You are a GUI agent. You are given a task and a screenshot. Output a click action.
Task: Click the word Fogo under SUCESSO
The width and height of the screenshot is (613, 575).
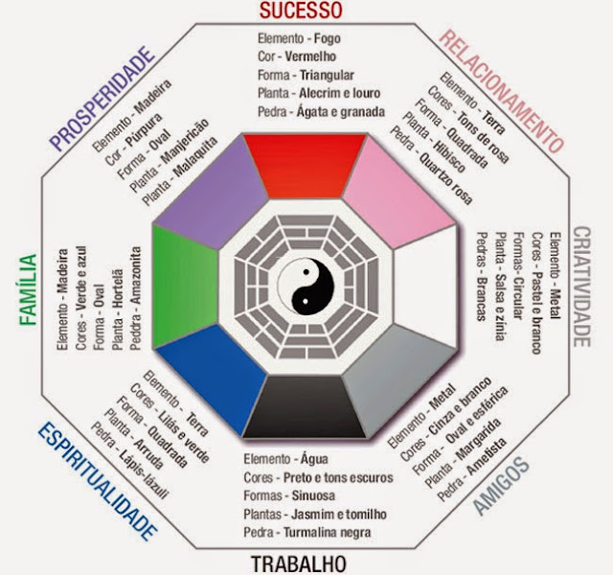pos(329,39)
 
